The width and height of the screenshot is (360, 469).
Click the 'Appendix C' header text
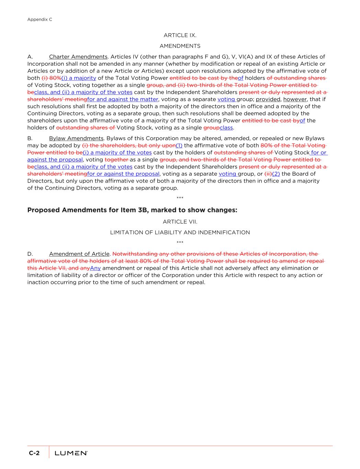coord(40,20)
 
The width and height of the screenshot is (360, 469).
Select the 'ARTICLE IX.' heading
coord(180,35)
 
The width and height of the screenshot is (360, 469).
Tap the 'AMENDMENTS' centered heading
coord(180,46)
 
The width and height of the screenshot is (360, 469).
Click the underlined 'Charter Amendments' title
coord(78,57)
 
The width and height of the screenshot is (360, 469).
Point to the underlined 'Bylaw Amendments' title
coord(76,138)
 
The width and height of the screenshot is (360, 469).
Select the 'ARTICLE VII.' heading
coord(180,222)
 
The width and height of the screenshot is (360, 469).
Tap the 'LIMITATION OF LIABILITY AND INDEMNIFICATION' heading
coord(180,233)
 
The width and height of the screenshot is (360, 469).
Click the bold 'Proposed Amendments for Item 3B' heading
coord(132,210)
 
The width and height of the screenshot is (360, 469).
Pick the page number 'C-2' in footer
coord(34,453)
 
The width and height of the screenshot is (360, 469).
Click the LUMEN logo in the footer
coord(71,453)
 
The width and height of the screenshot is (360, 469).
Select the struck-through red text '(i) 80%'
coord(51,78)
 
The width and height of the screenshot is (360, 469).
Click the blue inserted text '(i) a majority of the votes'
coord(117,153)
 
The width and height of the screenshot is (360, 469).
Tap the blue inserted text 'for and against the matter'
coord(123,99)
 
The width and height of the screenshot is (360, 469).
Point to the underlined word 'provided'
coord(268,99)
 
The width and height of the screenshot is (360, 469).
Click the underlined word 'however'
coord(295,99)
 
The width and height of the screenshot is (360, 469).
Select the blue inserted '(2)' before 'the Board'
coord(276,174)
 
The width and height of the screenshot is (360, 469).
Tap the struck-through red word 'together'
coord(116,160)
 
